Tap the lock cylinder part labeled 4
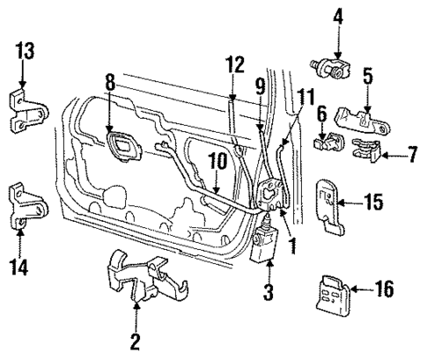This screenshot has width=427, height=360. [x=332, y=65]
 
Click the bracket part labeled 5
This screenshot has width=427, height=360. [x=366, y=117]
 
